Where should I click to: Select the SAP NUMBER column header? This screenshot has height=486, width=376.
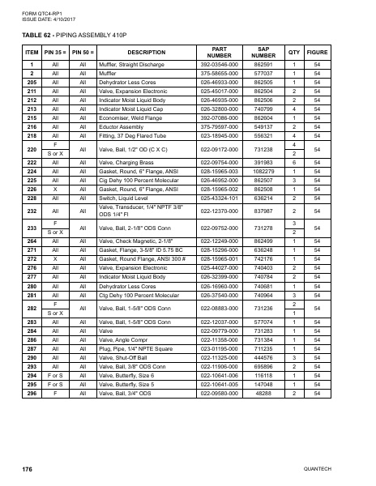(263, 52)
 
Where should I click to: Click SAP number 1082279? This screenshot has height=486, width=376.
(263, 172)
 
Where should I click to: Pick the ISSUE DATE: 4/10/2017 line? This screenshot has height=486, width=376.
(39, 19)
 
